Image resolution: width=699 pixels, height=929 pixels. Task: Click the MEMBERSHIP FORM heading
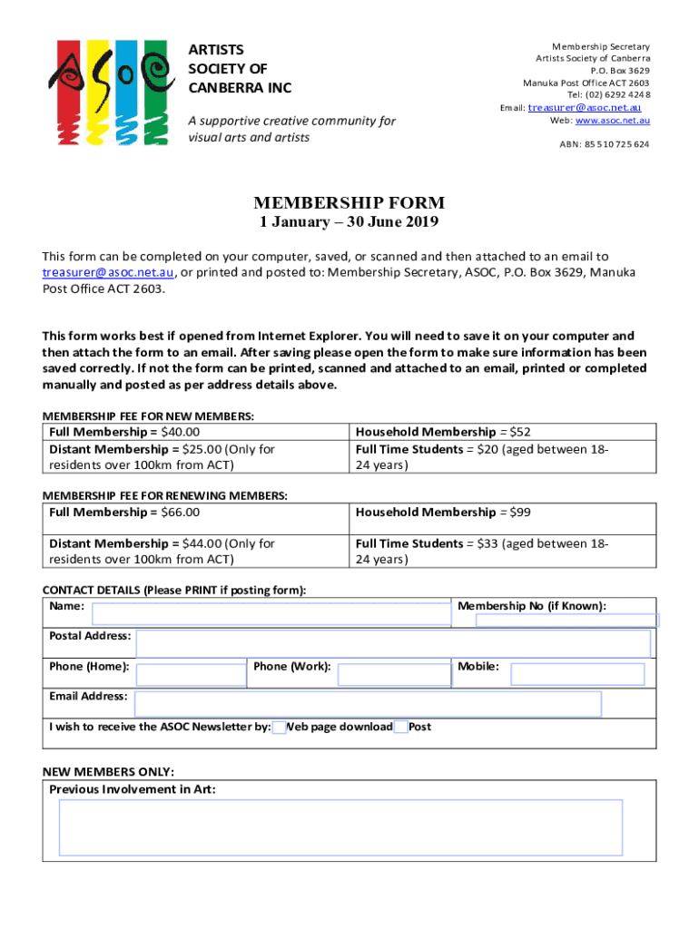pyautogui.click(x=349, y=203)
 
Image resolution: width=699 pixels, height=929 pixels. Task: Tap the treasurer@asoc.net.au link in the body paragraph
pyautogui.click(x=109, y=272)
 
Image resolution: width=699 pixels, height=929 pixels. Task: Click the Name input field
pyautogui.click(x=271, y=614)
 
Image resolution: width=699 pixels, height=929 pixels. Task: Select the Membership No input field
pyautogui.click(x=567, y=621)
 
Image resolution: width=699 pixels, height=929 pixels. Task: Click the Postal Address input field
pyautogui.click(x=393, y=643)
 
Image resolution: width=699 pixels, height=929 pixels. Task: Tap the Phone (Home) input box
pyautogui.click(x=191, y=674)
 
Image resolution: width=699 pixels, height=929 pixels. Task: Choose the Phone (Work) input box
pyautogui.click(x=392, y=674)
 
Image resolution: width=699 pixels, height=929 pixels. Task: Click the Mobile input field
pyautogui.click(x=577, y=674)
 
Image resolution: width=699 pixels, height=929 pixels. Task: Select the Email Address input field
pyautogui.click(x=369, y=704)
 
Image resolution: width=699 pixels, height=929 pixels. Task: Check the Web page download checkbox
pyautogui.click(x=280, y=727)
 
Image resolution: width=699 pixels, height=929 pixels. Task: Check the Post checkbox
pyautogui.click(x=401, y=727)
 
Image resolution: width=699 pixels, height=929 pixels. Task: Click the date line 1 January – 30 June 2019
pyautogui.click(x=349, y=224)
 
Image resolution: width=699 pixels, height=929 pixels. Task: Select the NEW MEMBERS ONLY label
pyautogui.click(x=108, y=772)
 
